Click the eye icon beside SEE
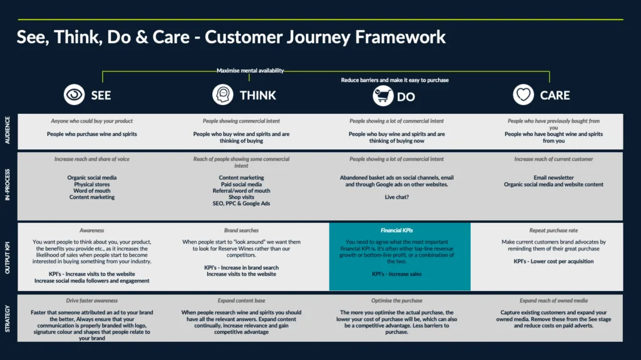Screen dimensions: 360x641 pos(74,95)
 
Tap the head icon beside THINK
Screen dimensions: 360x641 pos(222,95)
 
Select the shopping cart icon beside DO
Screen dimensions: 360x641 pos(383,96)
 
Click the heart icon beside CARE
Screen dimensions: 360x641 pos(523,95)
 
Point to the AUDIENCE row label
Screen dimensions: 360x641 pos(8,130)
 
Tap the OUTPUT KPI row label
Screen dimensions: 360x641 pos(8,256)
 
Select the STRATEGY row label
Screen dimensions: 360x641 pos(8,317)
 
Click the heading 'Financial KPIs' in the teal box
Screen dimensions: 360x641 pos(399,230)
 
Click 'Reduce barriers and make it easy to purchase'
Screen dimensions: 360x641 pos(394,80)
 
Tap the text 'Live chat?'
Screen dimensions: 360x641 pos(397,197)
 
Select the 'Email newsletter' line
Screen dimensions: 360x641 pos(553,178)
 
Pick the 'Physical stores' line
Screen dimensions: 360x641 pos(92,185)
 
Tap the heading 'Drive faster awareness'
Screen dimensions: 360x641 pos(92,301)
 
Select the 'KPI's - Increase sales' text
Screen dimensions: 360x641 pos(397,274)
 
